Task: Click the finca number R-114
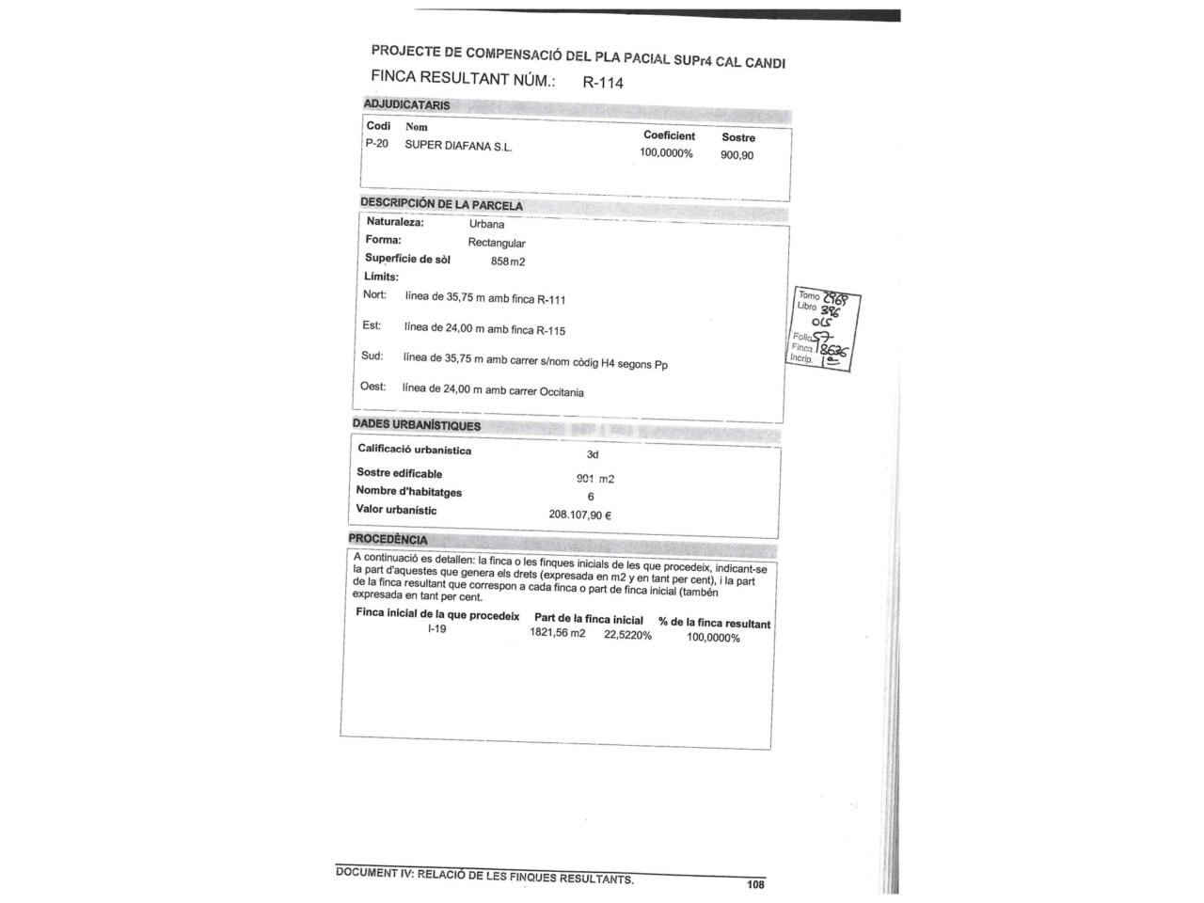click(603, 82)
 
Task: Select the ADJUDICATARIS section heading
click(406, 105)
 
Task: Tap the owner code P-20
click(376, 144)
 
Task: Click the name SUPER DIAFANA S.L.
click(458, 146)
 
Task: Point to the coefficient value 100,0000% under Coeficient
click(666, 153)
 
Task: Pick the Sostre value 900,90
click(737, 155)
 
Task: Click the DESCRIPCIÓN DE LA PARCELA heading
click(441, 204)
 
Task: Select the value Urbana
click(486, 225)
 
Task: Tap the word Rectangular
click(497, 243)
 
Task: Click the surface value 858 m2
click(508, 261)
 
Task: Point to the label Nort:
click(374, 295)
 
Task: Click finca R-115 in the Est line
click(550, 330)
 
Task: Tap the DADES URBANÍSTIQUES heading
click(416, 425)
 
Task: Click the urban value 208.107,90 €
click(580, 515)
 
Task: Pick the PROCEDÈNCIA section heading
click(388, 540)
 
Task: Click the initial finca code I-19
click(436, 629)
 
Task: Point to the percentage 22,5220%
click(627, 635)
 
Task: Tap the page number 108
click(755, 884)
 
